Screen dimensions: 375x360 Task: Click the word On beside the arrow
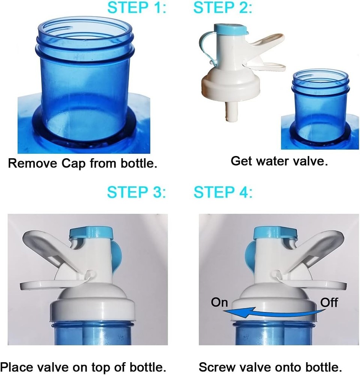[x=219, y=302]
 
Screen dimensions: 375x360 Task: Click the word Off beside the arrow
[x=329, y=302]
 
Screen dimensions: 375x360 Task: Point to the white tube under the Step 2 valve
[x=230, y=112]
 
